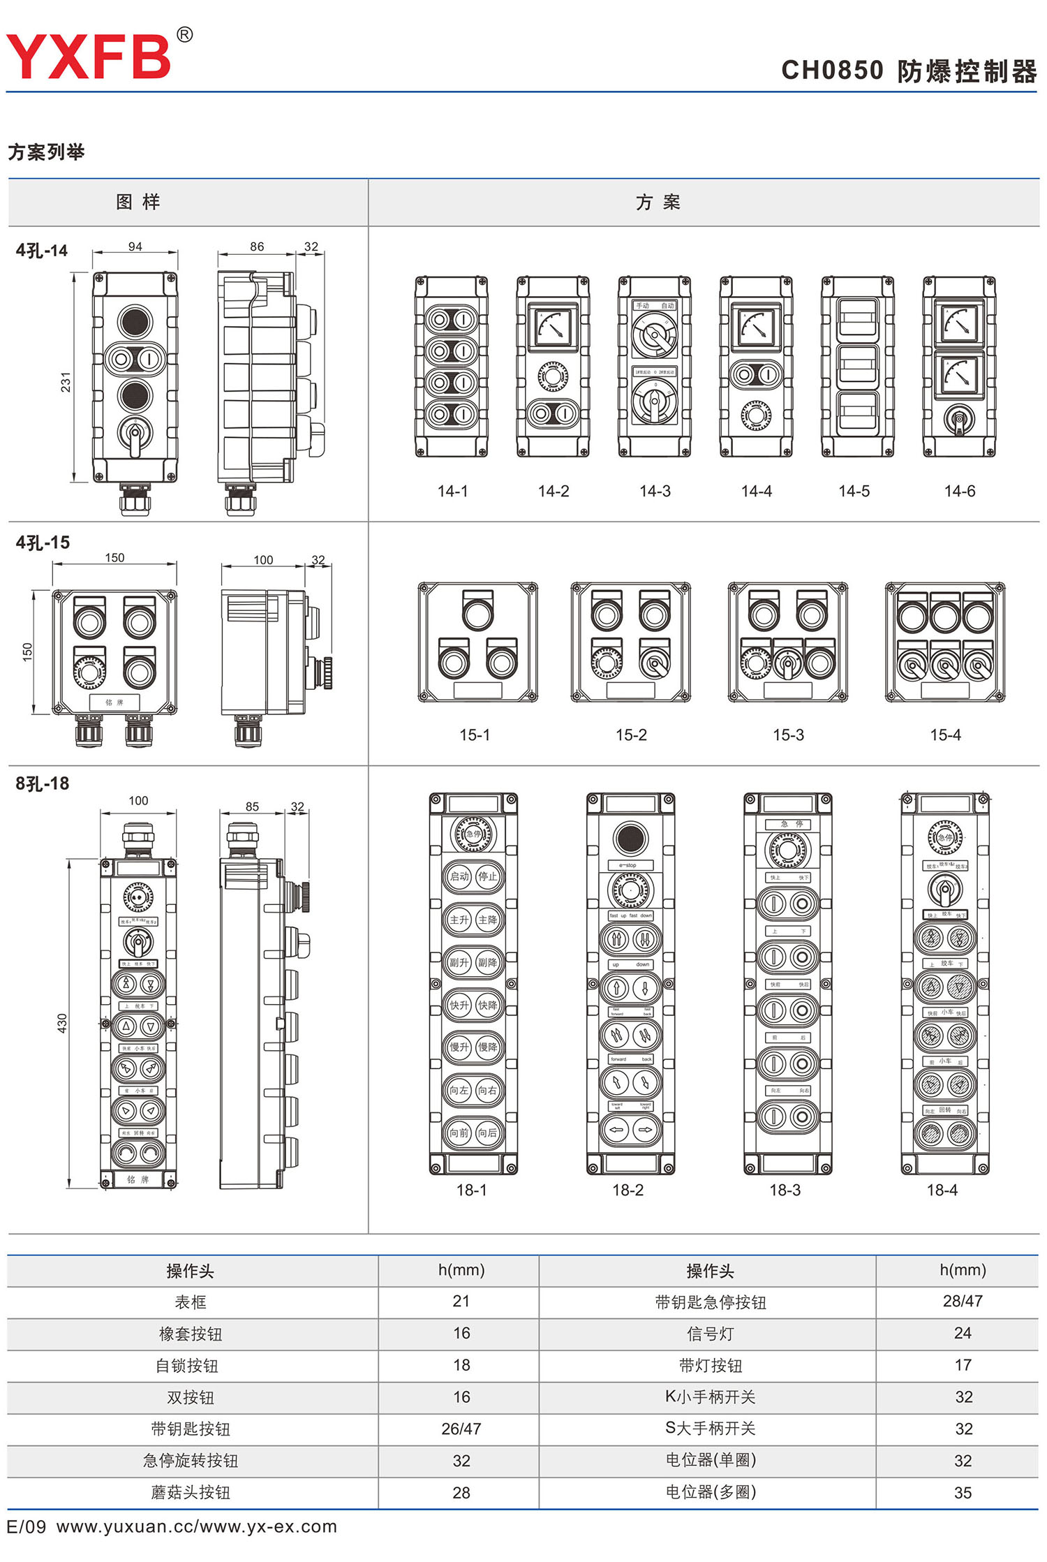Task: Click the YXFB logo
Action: [89, 56]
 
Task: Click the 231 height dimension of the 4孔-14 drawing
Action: [66, 382]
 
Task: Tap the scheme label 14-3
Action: [655, 492]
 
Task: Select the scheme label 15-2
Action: [631, 735]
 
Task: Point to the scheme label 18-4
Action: [942, 1191]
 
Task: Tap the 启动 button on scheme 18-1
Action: [459, 876]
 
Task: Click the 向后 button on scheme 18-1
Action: [487, 1133]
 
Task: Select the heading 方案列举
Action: [46, 152]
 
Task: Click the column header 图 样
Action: [138, 202]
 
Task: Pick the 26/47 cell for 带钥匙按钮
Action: [461, 1429]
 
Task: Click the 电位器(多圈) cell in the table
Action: [710, 1492]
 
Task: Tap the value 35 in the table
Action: [963, 1493]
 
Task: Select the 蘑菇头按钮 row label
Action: [191, 1493]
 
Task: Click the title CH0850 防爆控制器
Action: [908, 71]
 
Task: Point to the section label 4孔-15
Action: [43, 543]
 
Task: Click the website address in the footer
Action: [197, 1527]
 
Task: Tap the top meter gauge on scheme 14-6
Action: [959, 323]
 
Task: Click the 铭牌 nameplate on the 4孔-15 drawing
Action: [114, 702]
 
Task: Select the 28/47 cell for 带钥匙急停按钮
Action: [963, 1301]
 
